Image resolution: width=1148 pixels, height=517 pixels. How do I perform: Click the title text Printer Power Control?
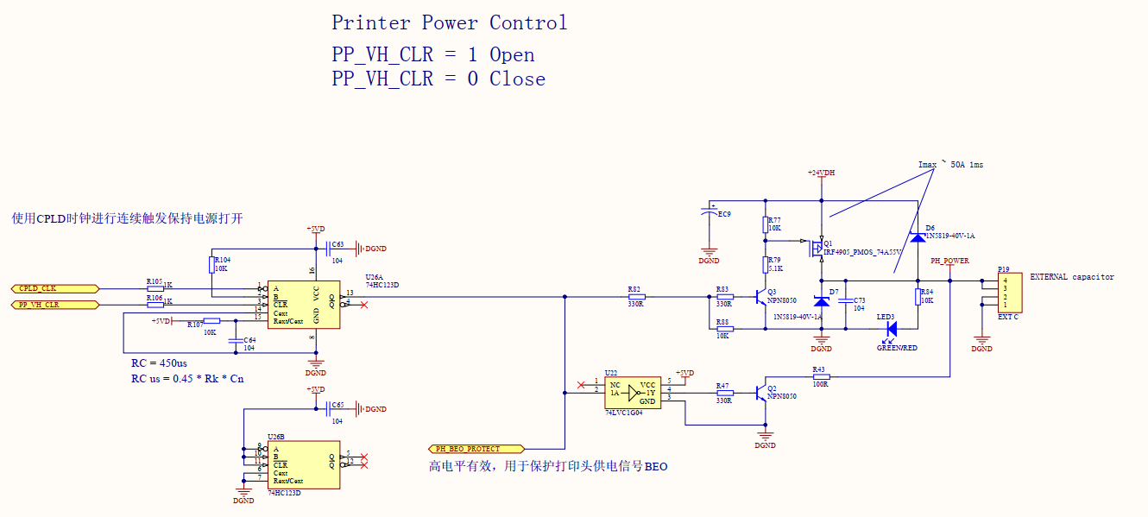pyautogui.click(x=449, y=22)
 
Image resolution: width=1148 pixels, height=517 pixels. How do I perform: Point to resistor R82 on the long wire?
pyautogui.click(x=636, y=297)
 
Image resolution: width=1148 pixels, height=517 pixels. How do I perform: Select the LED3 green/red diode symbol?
pyautogui.click(x=890, y=329)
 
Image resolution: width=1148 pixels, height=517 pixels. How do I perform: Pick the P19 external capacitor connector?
pyautogui.click(x=1009, y=293)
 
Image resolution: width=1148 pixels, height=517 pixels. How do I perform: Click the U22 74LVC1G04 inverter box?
pyautogui.click(x=633, y=393)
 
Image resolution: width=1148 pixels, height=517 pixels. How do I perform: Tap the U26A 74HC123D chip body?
pyautogui.click(x=302, y=305)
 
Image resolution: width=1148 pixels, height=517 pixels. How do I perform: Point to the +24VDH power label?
pyautogui.click(x=821, y=173)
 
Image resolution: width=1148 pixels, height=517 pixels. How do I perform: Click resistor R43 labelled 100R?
pyautogui.click(x=820, y=377)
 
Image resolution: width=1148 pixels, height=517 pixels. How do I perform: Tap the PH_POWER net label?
pyautogui.click(x=949, y=261)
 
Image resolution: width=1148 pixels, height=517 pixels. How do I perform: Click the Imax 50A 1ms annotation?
pyautogui.click(x=951, y=164)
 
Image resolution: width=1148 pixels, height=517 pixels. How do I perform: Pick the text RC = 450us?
pyautogui.click(x=161, y=363)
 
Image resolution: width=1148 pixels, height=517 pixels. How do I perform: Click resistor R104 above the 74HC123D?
pyautogui.click(x=212, y=263)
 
